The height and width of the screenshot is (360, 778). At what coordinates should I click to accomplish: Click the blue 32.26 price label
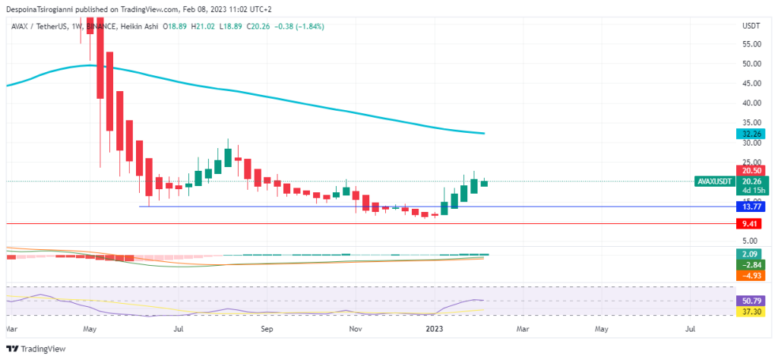tap(751, 134)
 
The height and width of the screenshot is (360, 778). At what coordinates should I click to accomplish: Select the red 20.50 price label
tap(751, 171)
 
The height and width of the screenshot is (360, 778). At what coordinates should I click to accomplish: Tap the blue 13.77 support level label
tap(751, 207)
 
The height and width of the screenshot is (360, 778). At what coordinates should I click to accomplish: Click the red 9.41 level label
tap(751, 224)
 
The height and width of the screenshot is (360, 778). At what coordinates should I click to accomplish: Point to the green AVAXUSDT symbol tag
tap(713, 182)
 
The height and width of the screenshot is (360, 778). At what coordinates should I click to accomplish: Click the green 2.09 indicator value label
tap(751, 254)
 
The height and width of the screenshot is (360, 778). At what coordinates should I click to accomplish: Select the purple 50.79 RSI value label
tap(751, 301)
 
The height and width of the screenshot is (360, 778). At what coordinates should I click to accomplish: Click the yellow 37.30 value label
tap(751, 311)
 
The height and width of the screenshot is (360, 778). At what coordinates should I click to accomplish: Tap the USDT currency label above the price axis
tap(751, 26)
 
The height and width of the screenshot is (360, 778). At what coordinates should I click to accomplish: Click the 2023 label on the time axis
tap(436, 330)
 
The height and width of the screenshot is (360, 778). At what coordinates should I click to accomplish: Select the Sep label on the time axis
tap(267, 330)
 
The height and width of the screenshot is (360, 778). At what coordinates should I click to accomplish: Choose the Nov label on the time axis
tap(355, 330)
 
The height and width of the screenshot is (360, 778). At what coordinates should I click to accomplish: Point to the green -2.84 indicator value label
tap(751, 264)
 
